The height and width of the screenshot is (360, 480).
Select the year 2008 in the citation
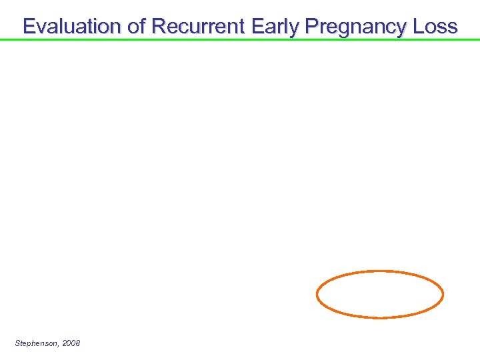pos(71,343)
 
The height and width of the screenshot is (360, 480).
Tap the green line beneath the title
pos(240,40)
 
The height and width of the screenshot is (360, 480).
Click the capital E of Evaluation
pos(29,26)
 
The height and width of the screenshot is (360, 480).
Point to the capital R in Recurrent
pos(159,26)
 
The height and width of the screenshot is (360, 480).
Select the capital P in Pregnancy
pos(311,26)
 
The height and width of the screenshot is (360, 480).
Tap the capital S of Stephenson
pos(17,343)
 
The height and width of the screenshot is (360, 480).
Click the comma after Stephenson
pos(59,345)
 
